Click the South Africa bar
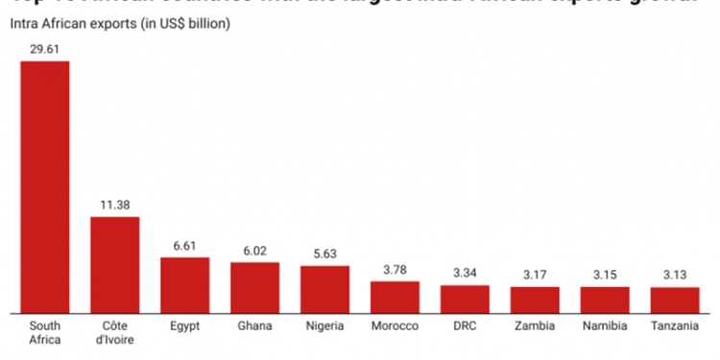(x=44, y=187)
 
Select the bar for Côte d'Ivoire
(x=114, y=265)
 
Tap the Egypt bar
(x=184, y=285)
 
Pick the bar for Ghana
(x=254, y=288)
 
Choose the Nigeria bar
(x=324, y=290)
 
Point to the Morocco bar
(x=395, y=298)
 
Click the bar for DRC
(x=465, y=300)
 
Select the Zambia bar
(x=535, y=300)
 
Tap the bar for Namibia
(x=605, y=300)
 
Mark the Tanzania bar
(x=675, y=300)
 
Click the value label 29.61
(x=44, y=49)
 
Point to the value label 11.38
(x=114, y=204)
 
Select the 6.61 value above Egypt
(x=184, y=246)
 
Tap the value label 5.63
(x=324, y=254)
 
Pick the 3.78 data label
(x=395, y=270)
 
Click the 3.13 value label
(x=675, y=276)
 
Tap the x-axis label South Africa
(x=44, y=333)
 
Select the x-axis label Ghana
(x=254, y=326)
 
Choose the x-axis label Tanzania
(x=675, y=326)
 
